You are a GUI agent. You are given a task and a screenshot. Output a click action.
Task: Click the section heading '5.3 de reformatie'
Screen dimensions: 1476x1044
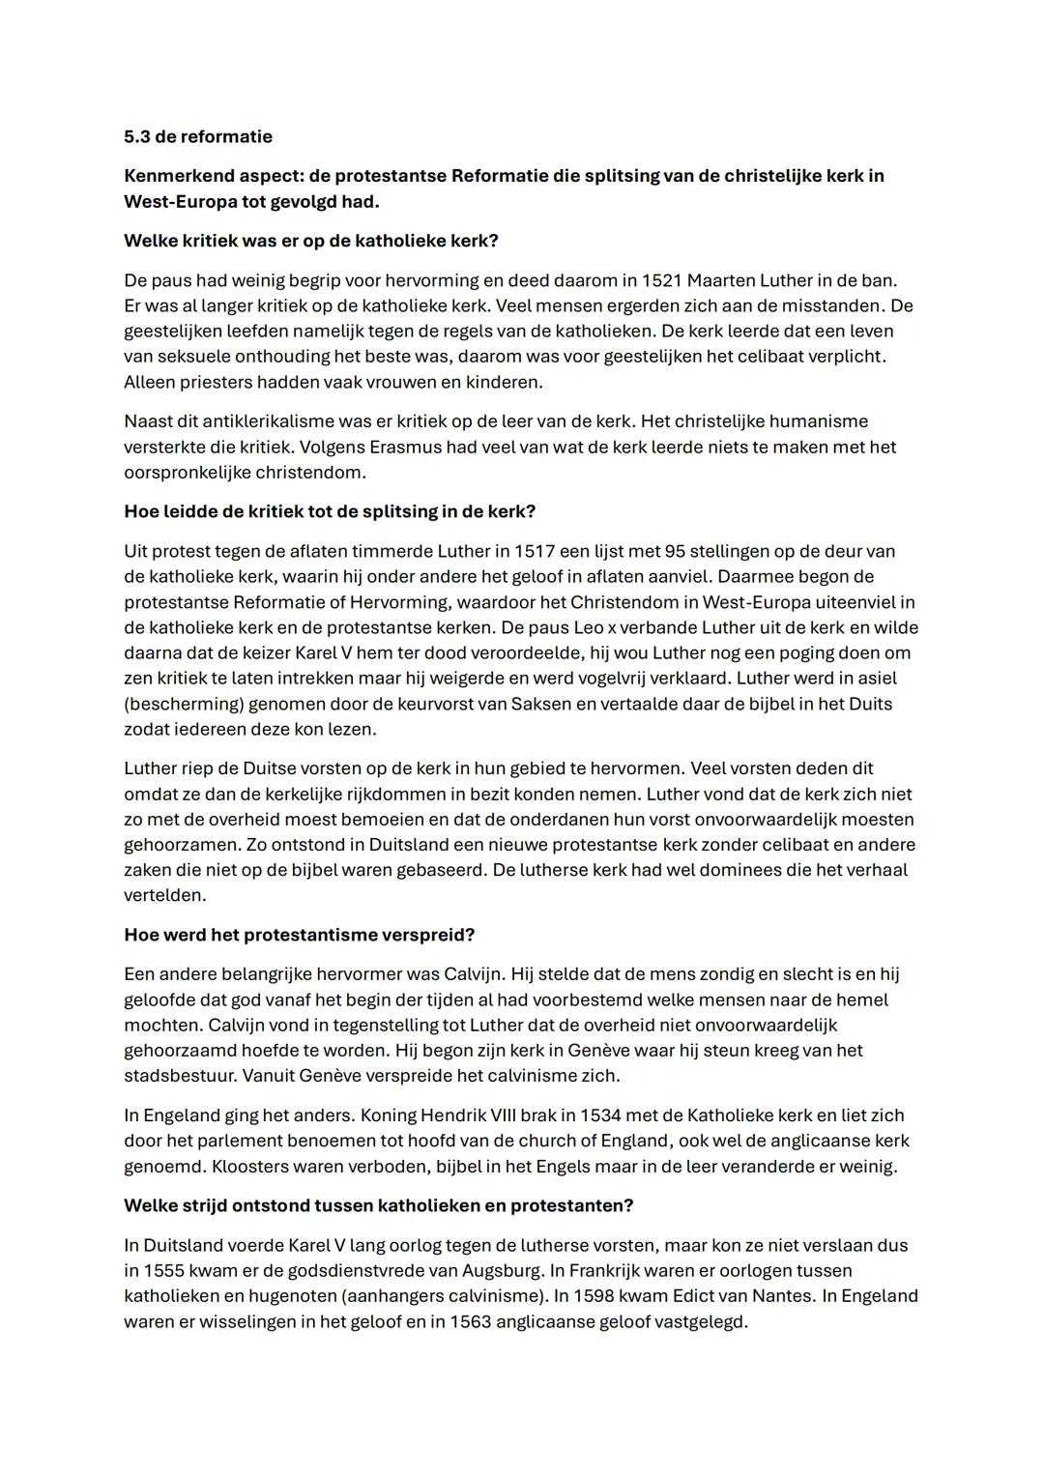(198, 136)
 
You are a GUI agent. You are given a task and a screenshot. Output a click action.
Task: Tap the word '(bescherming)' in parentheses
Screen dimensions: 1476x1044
(181, 704)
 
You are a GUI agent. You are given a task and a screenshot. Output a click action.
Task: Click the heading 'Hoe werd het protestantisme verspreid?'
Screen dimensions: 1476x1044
(300, 936)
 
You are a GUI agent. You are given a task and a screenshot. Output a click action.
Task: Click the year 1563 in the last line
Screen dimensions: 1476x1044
(470, 1321)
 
